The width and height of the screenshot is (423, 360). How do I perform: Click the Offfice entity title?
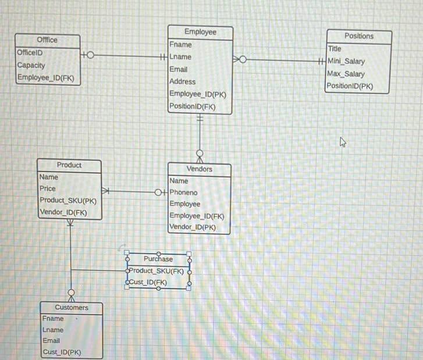pyautogui.click(x=47, y=40)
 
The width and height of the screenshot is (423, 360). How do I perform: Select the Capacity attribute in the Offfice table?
pyautogui.click(x=31, y=65)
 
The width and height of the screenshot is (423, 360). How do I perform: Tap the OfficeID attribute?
pyautogui.click(x=30, y=52)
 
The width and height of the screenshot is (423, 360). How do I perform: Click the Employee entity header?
pyautogui.click(x=200, y=32)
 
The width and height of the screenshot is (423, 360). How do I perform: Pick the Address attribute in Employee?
pyautogui.click(x=182, y=82)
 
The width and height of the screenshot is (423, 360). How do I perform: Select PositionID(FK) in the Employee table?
pyautogui.click(x=193, y=106)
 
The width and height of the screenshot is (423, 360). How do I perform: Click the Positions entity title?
pyautogui.click(x=359, y=36)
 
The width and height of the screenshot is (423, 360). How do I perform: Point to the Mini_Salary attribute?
pyautogui.click(x=346, y=61)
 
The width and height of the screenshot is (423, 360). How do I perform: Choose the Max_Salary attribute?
pyautogui.click(x=346, y=74)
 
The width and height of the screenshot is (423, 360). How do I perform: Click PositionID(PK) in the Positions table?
pyautogui.click(x=350, y=86)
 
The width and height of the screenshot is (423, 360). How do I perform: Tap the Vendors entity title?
pyautogui.click(x=200, y=169)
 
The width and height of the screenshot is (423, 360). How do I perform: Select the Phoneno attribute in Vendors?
pyautogui.click(x=183, y=193)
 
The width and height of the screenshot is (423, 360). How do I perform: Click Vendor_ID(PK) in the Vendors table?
pyautogui.click(x=193, y=227)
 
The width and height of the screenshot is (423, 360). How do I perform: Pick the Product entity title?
pyautogui.click(x=69, y=165)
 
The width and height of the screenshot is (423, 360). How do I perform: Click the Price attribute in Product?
pyautogui.click(x=48, y=188)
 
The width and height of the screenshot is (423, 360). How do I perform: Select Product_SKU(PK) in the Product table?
pyautogui.click(x=67, y=201)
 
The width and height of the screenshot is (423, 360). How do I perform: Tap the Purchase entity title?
pyautogui.click(x=158, y=259)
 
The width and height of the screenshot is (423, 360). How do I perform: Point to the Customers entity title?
pyautogui.click(x=72, y=307)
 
